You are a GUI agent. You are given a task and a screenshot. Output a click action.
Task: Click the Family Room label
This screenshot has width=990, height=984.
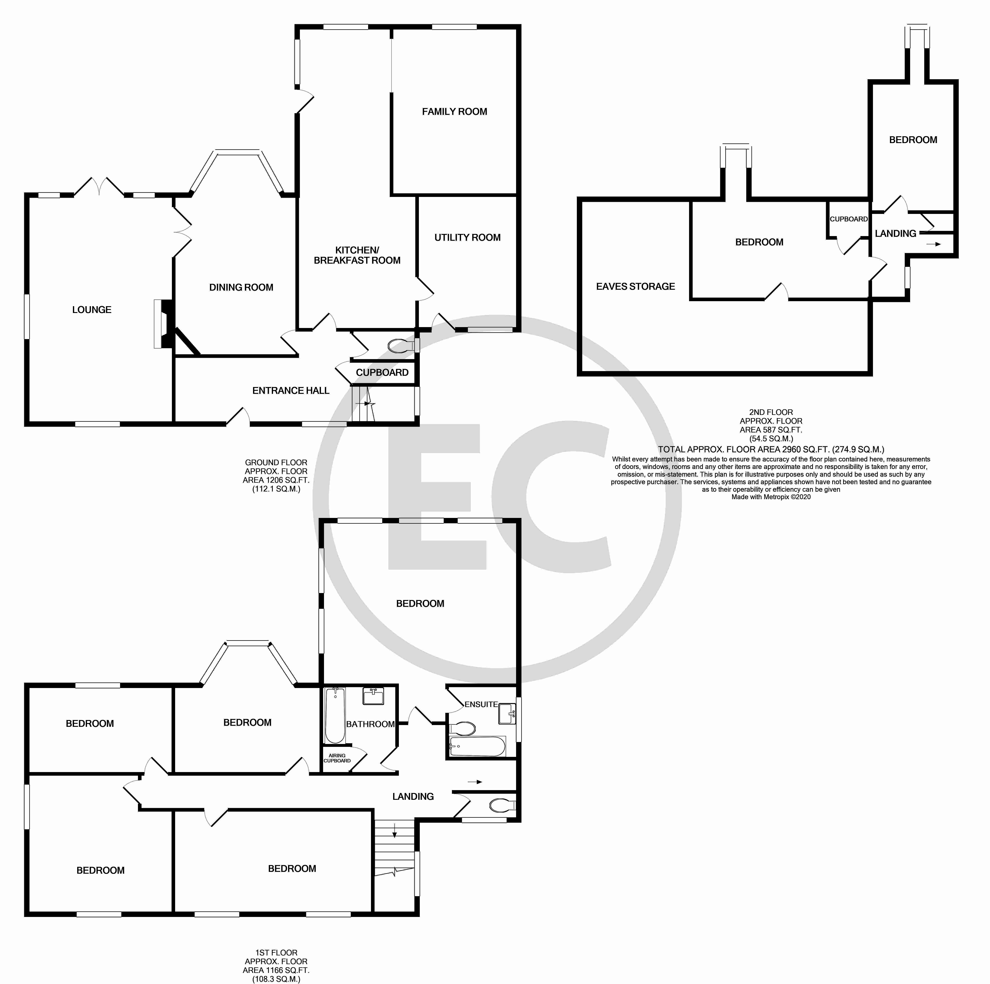(454, 112)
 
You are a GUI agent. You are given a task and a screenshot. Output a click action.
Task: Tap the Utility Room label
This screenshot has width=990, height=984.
(467, 237)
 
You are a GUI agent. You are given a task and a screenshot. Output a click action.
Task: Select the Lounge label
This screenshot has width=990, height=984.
(92, 310)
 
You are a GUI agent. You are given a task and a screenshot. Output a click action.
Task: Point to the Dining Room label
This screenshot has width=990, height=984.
(241, 288)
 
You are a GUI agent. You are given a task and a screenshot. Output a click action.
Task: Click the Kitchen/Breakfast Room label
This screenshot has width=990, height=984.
(357, 255)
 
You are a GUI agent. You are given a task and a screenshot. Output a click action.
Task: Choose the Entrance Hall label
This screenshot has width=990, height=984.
(291, 391)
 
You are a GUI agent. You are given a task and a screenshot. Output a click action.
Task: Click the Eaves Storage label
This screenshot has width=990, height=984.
(635, 287)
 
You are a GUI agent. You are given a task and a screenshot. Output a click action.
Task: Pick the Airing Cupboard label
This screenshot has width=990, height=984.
(337, 758)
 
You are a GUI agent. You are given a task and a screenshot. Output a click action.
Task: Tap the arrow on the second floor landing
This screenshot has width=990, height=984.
(934, 245)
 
